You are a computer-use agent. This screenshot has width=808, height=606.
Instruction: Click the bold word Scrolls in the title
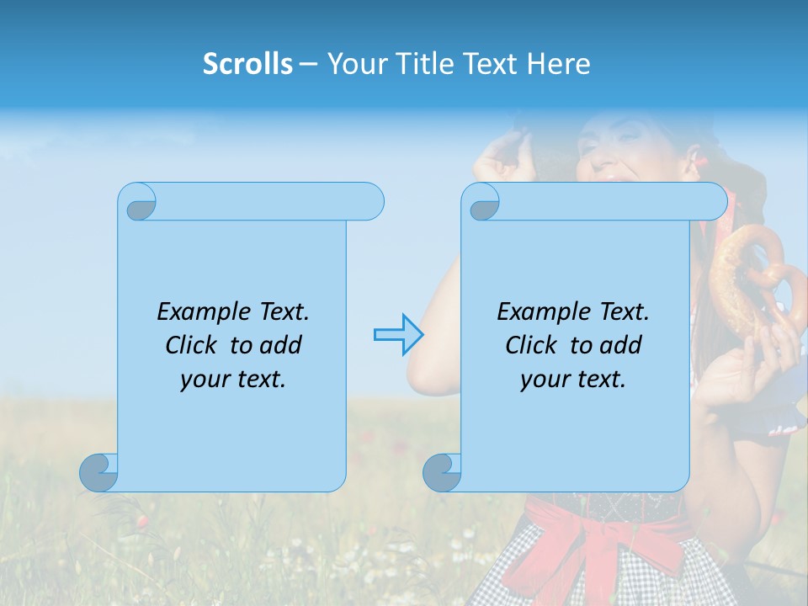[247, 64]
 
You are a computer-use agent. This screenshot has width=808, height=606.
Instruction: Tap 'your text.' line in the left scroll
[233, 379]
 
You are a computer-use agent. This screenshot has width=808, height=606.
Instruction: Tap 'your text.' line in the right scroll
[573, 379]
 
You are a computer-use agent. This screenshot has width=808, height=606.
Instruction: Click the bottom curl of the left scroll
[98, 472]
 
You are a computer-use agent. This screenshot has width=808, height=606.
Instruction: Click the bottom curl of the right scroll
[441, 472]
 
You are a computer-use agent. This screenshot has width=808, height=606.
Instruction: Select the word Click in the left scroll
[194, 346]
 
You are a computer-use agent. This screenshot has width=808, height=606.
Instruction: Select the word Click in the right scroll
[534, 346]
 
